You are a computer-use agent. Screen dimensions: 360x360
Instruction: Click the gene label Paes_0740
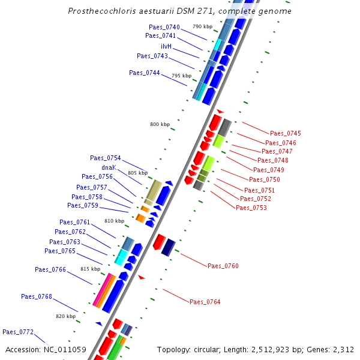tap(164, 27)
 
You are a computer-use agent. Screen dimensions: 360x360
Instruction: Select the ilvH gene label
tap(166, 46)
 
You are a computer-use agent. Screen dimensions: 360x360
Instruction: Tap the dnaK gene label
tap(109, 167)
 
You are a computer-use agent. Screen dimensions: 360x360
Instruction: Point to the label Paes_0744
tap(144, 73)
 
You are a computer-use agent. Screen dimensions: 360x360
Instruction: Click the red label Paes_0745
tap(286, 133)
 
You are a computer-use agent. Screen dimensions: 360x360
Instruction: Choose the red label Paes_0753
tap(251, 208)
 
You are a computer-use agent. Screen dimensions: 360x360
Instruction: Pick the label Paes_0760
tap(223, 266)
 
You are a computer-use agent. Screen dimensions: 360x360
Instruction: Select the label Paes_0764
tap(205, 302)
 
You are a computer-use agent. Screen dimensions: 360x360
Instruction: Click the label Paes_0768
tap(37, 296)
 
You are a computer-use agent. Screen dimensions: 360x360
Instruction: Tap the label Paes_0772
tap(18, 332)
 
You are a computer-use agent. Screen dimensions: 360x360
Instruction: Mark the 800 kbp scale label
tap(160, 124)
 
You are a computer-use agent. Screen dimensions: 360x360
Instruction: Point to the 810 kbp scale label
tap(114, 221)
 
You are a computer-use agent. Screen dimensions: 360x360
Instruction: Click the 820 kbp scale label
tap(66, 316)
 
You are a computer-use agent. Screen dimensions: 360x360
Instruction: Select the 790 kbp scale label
tap(202, 26)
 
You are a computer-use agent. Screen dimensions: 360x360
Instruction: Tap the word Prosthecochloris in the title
tap(97, 11)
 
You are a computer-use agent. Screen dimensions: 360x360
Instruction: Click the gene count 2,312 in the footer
tap(343, 349)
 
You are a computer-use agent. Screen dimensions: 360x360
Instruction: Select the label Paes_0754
tap(106, 158)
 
